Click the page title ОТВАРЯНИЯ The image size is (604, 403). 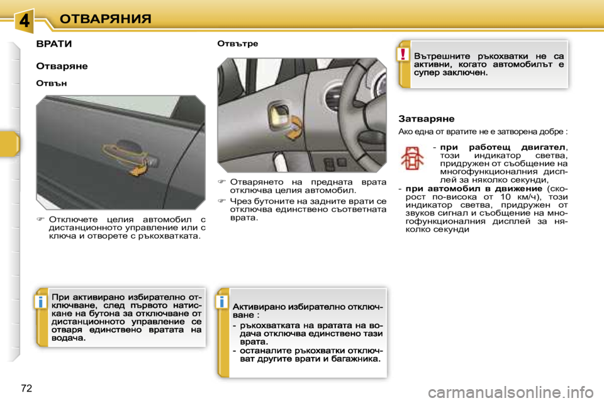(x=105, y=18)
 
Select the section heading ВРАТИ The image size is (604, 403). (x=54, y=45)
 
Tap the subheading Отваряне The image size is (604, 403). (x=62, y=65)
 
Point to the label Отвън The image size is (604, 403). (x=51, y=82)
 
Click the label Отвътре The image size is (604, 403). (x=237, y=43)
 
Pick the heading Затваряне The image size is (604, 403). (x=427, y=118)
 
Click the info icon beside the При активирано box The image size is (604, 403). (x=40, y=302)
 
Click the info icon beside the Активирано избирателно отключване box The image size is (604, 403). (x=221, y=302)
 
